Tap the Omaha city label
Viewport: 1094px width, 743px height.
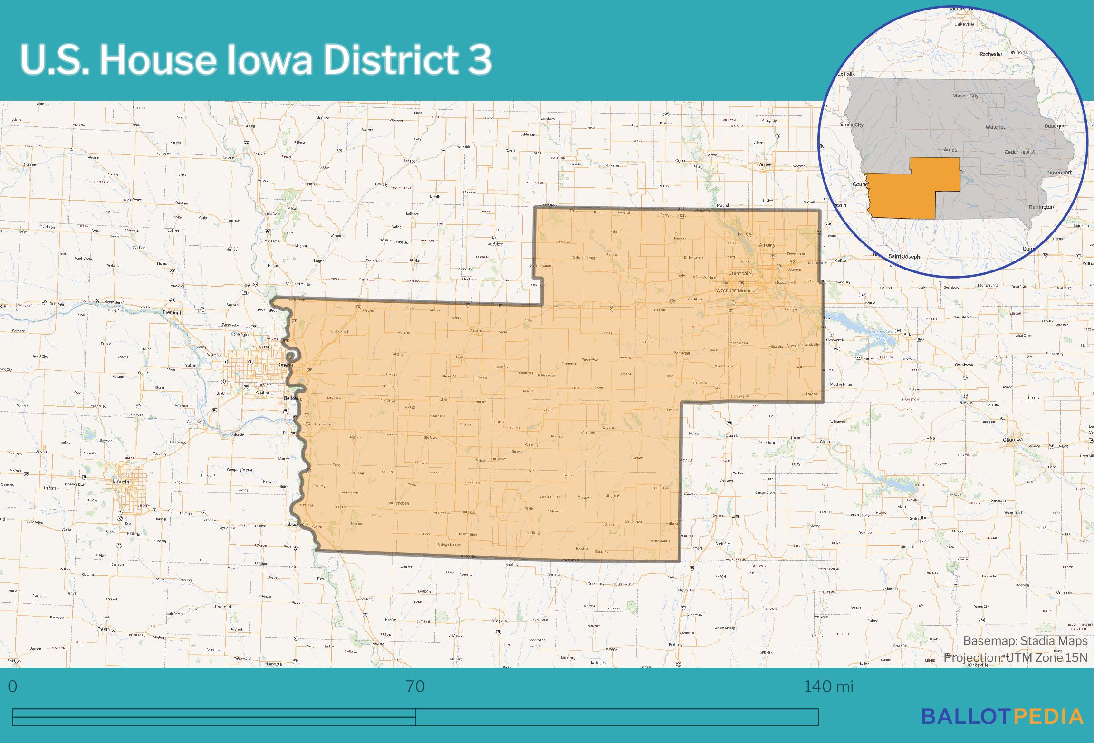pos(284,365)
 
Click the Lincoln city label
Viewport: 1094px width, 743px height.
pos(121,482)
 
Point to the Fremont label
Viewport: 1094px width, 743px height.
pos(172,313)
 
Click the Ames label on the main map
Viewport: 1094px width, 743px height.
pos(765,165)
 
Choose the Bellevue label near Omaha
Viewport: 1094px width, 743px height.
pos(293,398)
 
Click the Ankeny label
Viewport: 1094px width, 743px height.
pos(767,245)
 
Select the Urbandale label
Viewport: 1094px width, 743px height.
pos(740,274)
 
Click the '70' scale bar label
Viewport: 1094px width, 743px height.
pos(415,687)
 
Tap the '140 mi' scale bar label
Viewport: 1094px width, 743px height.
pos(828,687)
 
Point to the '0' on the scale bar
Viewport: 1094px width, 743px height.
pos(12,687)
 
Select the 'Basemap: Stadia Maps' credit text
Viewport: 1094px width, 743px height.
pos(1025,641)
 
